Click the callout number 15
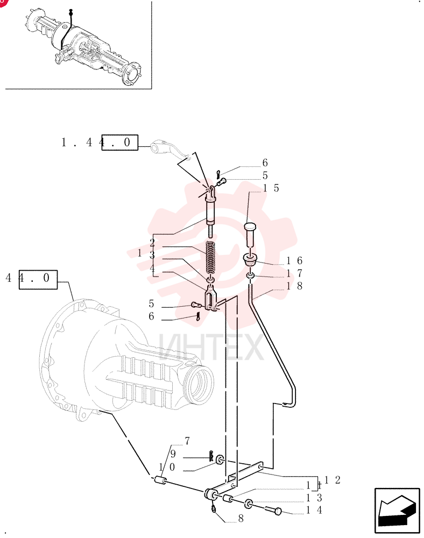[271, 188]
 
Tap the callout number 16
[294, 261]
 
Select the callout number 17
[294, 273]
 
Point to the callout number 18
[294, 286]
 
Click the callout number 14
[314, 510]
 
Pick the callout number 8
[241, 518]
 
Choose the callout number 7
[187, 441]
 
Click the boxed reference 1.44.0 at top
[100, 143]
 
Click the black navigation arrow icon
[397, 510]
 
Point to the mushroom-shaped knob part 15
[251, 235]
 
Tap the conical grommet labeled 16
[250, 259]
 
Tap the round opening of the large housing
[199, 383]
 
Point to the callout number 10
[167, 467]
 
